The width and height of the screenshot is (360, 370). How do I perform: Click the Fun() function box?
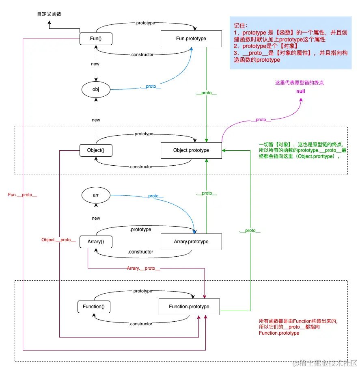96,39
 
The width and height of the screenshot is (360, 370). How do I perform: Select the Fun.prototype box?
191,39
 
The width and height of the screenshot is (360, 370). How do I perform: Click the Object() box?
96,150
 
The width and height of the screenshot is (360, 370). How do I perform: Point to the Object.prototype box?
191,150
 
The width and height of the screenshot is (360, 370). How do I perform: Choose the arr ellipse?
96,195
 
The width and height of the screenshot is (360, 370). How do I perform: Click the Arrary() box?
96,242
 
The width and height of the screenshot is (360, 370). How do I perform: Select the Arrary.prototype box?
191,242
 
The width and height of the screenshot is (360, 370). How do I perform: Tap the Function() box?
94,306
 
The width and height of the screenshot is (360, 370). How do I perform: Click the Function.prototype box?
189,306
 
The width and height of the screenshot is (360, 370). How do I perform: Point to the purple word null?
300,91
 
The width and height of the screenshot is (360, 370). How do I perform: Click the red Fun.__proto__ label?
23,195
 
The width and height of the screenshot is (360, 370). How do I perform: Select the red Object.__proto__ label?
58,240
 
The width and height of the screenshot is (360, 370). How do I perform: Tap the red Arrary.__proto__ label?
143,268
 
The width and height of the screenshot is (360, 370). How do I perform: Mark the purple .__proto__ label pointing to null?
261,120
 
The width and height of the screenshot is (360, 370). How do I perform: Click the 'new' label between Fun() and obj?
96,64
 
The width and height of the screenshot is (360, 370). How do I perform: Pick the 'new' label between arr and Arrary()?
96,218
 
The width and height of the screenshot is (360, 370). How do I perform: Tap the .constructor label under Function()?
141,324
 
